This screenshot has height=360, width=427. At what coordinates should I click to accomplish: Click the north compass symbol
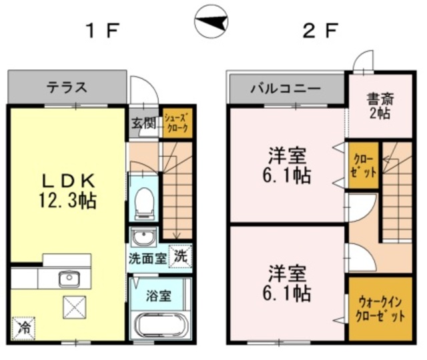point(211,21)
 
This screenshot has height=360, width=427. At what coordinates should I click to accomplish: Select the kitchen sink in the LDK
point(69,278)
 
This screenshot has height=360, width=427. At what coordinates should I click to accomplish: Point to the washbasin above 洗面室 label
point(143,237)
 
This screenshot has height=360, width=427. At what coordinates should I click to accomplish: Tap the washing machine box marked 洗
point(180,256)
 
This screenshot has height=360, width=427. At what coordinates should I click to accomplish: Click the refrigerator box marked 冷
point(24,328)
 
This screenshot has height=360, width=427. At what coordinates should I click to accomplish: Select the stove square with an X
point(75,307)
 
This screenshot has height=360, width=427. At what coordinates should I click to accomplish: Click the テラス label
point(67,87)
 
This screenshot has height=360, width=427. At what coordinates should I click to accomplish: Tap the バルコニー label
point(286,89)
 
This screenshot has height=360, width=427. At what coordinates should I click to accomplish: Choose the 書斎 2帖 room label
point(380,106)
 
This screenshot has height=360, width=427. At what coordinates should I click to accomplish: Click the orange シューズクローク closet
point(177,123)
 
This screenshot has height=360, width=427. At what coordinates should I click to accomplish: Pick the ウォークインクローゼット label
point(380,309)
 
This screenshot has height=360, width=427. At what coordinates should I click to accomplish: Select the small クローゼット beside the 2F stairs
point(364,165)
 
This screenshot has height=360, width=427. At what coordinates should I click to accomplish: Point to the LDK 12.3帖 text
point(68,191)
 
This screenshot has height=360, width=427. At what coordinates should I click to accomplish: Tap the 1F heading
point(102,31)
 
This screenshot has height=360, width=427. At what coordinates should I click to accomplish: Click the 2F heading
point(320,31)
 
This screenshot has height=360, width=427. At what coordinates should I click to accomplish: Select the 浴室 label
point(159,296)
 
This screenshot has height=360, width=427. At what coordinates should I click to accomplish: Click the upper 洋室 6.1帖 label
point(287,165)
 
